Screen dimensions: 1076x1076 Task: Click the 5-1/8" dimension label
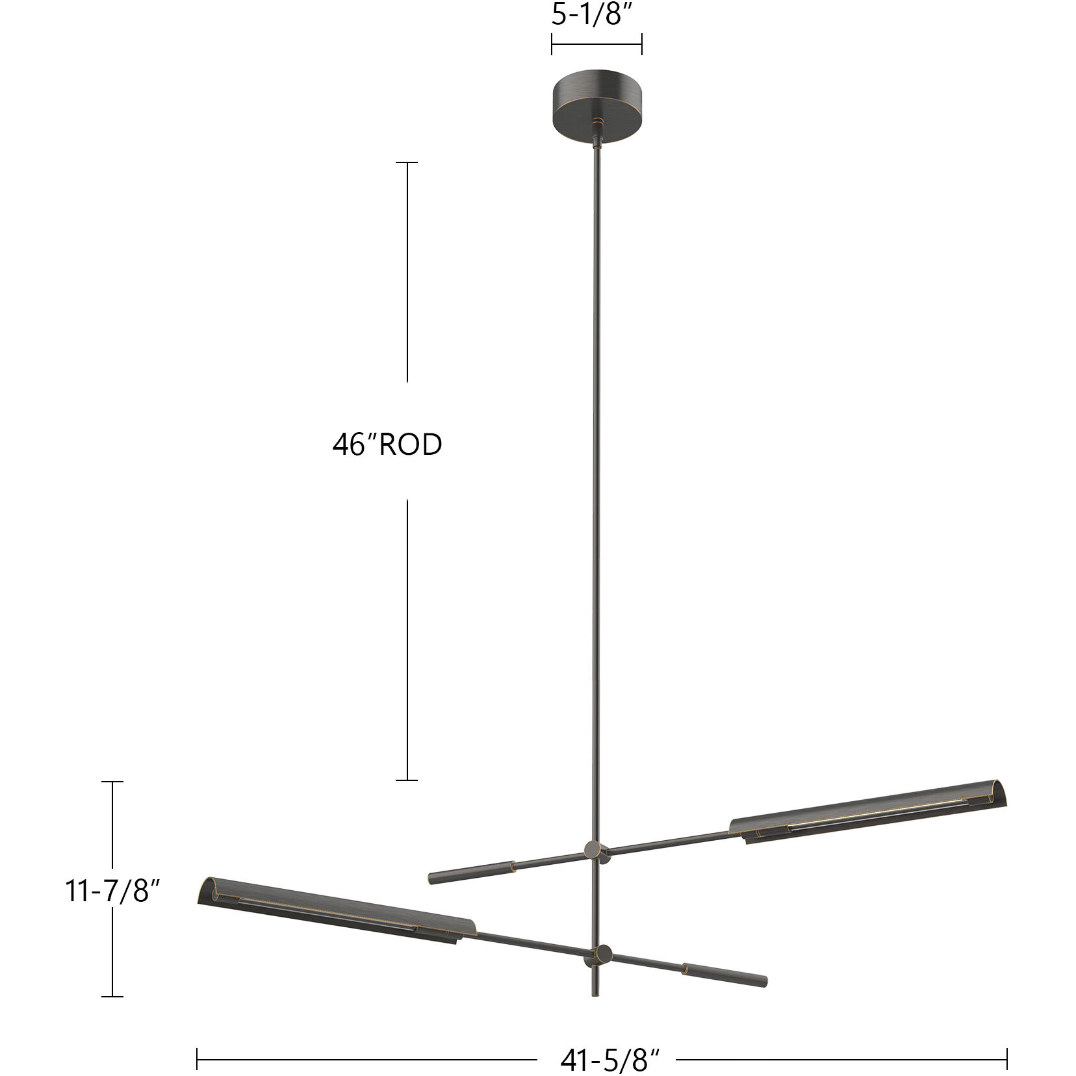coord(596,15)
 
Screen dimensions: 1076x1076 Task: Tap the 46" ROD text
coord(387,445)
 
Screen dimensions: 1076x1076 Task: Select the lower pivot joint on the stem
coord(602,954)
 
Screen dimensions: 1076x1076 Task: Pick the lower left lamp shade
coord(335,908)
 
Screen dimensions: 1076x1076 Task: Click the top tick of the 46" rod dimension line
coord(407,162)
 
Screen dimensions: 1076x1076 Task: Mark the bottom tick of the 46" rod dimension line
coord(407,780)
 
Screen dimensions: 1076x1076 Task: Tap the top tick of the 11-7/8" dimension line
coord(112,782)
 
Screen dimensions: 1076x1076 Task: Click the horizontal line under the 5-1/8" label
coord(596,45)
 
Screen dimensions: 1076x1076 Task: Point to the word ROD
coord(411,445)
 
